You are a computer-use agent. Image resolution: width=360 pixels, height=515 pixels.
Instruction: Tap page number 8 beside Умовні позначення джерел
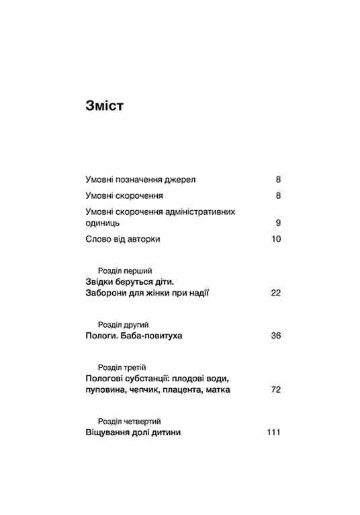point(277,179)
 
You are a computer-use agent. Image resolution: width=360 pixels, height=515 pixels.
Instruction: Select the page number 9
point(277,223)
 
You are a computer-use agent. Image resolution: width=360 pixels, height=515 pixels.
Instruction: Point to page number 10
point(275,239)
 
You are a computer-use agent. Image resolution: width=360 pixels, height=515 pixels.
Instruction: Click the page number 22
point(275,293)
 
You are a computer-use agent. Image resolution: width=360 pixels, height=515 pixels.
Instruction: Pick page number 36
point(275,335)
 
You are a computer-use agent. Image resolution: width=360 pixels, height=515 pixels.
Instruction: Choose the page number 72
point(275,389)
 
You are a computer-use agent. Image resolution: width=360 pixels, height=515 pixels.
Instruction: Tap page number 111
point(273,432)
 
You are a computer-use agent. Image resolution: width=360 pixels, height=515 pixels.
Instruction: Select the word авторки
point(144,239)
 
